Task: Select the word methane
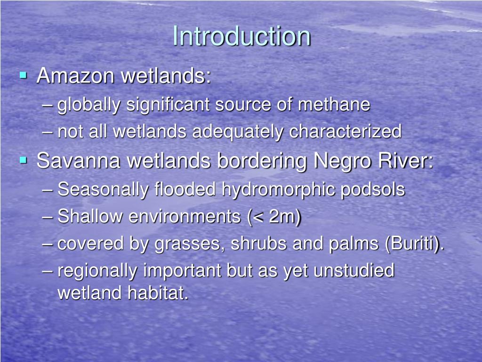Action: (x=334, y=105)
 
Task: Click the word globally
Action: (x=89, y=105)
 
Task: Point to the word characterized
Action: (x=345, y=132)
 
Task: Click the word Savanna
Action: (x=75, y=161)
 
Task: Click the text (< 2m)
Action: (x=273, y=217)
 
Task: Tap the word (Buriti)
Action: (x=414, y=244)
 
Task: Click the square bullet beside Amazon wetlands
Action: (x=23, y=75)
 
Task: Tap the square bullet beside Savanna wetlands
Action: (x=23, y=160)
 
